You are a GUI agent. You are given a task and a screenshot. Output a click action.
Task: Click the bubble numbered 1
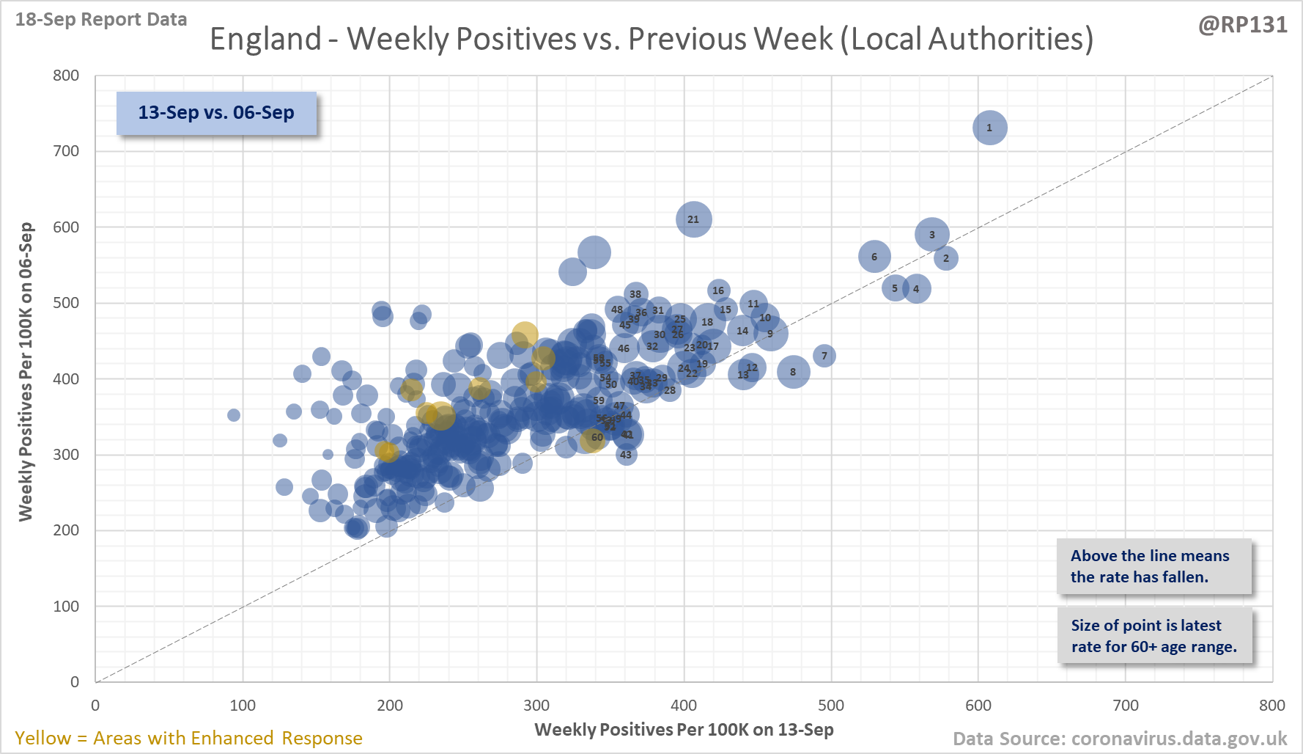pos(989,128)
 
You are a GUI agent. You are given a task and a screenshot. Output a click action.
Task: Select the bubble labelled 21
pos(693,219)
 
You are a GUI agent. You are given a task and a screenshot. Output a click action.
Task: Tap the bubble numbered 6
pos(874,257)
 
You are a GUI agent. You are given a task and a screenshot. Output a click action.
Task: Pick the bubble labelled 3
pos(932,235)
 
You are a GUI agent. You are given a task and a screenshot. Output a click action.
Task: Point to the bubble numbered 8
pos(793,372)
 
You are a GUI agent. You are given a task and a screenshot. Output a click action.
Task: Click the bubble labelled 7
pos(824,356)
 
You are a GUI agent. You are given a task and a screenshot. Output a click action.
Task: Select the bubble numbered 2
pos(946,258)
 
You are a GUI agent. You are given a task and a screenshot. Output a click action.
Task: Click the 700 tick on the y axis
pos(66,151)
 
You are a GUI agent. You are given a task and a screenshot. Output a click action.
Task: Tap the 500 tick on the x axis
pos(831,706)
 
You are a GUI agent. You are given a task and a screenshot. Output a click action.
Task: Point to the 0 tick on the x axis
pos(95,706)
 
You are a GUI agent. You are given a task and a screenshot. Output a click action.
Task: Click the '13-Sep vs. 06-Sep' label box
pos(216,113)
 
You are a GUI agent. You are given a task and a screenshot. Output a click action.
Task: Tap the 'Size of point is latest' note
pos(1153,636)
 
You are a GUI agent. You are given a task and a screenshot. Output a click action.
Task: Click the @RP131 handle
pos(1243,25)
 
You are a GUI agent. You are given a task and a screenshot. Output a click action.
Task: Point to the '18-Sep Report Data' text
pos(101,20)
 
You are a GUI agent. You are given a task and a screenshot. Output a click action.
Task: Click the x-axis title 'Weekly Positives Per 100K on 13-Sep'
pos(684,730)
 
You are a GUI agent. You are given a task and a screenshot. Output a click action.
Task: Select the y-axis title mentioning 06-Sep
pos(26,372)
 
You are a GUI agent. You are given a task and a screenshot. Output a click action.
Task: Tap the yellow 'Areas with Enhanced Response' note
pos(188,738)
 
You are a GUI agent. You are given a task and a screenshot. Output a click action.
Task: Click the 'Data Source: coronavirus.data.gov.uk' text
pos(1120,739)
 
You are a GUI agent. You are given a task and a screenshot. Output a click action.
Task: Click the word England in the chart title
pos(266,39)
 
